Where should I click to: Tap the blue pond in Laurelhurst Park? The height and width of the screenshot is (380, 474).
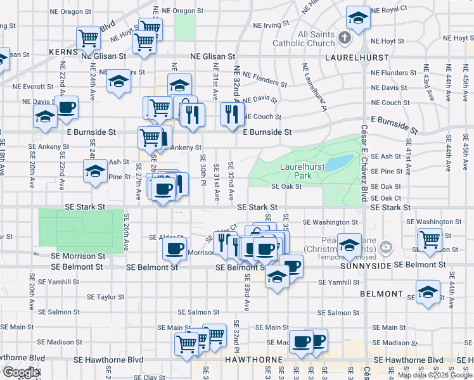click(x=341, y=162)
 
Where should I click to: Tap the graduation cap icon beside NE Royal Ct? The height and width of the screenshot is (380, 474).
click(x=358, y=18)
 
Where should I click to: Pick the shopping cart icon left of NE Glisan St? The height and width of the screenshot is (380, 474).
click(x=88, y=38)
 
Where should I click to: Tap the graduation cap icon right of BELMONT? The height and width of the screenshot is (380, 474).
click(x=428, y=292)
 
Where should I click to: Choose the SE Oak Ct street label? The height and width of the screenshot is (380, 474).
click(x=386, y=198)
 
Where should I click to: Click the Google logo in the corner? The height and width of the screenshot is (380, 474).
click(x=21, y=372)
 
